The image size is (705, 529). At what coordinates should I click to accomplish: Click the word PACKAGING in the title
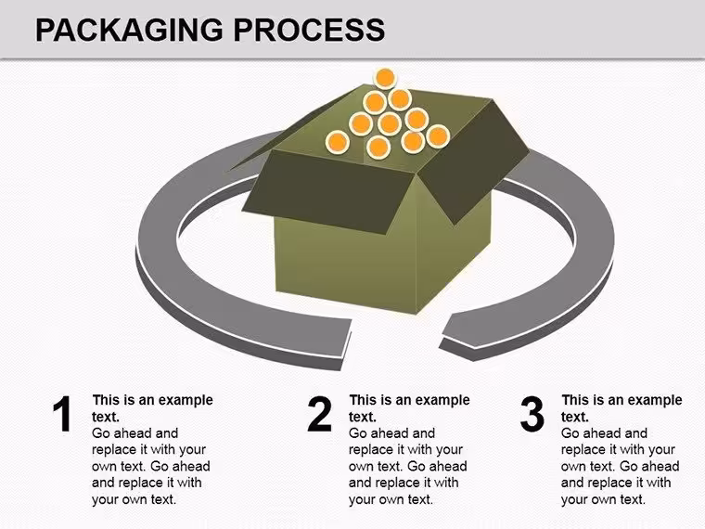click(129, 30)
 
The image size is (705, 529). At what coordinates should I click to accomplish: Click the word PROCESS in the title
click(309, 30)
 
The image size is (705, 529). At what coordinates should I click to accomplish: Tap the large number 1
click(62, 414)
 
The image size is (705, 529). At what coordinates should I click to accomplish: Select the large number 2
click(319, 414)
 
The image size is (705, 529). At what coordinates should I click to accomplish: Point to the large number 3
click(532, 414)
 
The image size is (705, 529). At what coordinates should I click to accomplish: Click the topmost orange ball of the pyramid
click(385, 79)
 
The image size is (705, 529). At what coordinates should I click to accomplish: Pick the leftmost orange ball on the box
click(338, 143)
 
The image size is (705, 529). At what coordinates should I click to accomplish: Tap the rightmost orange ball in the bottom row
click(438, 135)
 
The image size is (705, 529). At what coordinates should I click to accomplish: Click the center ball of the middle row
click(390, 123)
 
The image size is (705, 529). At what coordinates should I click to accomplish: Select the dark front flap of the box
click(330, 192)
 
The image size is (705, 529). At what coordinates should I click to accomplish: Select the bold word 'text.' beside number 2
click(363, 417)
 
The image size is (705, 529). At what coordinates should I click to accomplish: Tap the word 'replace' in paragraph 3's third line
click(584, 449)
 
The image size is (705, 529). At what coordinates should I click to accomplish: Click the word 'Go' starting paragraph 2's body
click(357, 433)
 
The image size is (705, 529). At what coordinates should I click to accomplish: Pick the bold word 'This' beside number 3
click(575, 400)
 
